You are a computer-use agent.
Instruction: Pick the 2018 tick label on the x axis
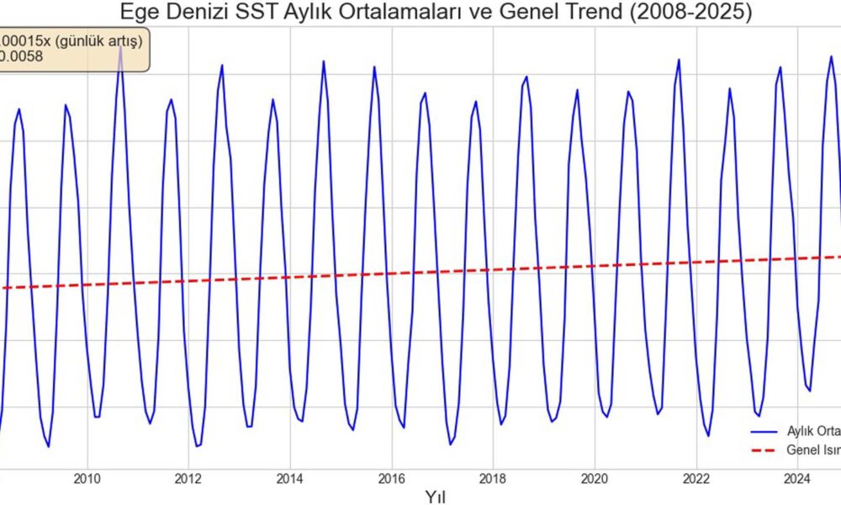(493, 480)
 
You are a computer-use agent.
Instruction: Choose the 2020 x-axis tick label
(595, 480)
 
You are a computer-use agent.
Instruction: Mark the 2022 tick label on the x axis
(696, 480)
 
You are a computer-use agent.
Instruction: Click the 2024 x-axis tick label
(797, 480)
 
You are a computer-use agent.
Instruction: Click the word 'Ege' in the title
(138, 13)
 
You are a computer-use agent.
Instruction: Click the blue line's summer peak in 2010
(120, 48)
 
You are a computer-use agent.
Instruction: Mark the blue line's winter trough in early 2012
(197, 446)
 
